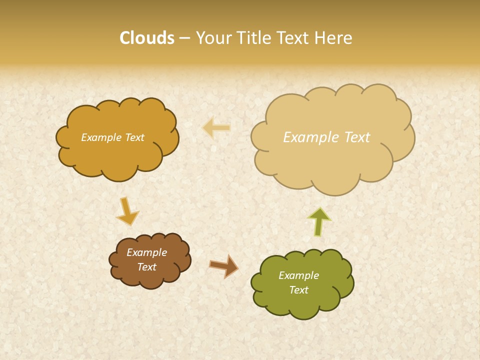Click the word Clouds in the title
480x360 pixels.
[x=146, y=38]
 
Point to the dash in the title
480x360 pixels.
[x=184, y=38]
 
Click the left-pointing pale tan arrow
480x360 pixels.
[x=216, y=128]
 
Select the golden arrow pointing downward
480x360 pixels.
[x=127, y=211]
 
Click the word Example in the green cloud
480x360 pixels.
[x=298, y=275]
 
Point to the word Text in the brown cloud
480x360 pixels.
[x=147, y=267]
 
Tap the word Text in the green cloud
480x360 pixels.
[x=298, y=290]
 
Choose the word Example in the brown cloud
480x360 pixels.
[x=147, y=252]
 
